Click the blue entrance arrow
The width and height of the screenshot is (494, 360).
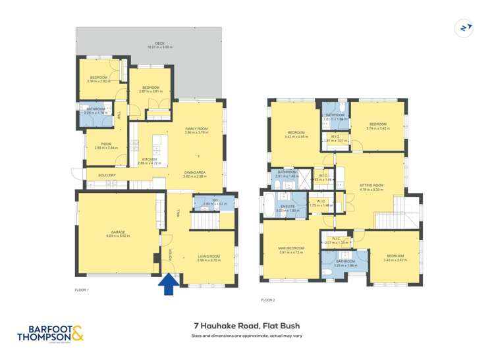click(x=169, y=284)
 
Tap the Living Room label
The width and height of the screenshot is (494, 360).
click(x=209, y=258)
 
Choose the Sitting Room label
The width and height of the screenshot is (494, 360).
click(x=371, y=185)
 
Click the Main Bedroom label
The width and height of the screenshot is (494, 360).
click(x=290, y=248)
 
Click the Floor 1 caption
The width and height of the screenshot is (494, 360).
click(x=82, y=290)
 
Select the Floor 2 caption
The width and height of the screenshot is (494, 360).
click(x=267, y=299)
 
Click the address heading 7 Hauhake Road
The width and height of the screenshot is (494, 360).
click(x=248, y=324)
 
